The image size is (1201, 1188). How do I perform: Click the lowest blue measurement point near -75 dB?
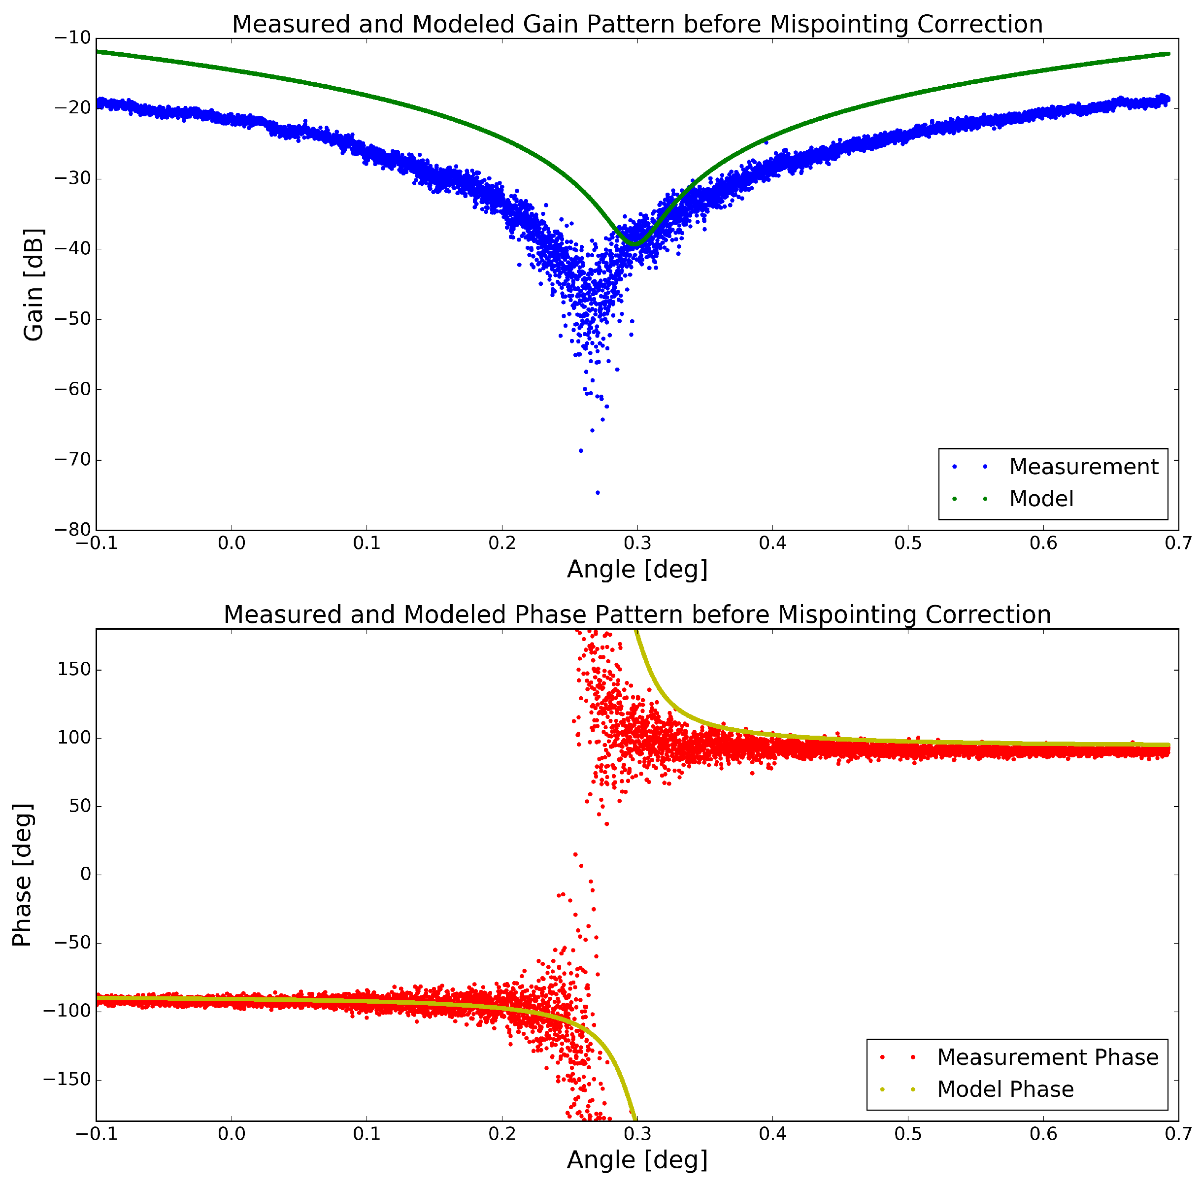point(598,492)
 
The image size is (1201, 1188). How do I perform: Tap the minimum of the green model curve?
point(634,243)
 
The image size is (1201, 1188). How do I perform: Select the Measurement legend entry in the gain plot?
point(1083,466)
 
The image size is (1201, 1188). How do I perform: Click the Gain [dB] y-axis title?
point(33,285)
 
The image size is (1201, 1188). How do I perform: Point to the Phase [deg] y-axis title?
point(22,875)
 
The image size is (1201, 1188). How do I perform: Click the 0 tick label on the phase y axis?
point(85,875)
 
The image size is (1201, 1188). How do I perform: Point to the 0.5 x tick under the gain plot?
point(907,543)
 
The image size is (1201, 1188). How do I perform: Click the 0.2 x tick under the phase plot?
point(501,1134)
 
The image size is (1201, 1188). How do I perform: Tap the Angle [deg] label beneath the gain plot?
point(637,569)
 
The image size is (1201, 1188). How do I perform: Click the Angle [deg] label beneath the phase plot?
point(637,1160)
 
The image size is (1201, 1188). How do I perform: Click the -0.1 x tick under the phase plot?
point(97,1134)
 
